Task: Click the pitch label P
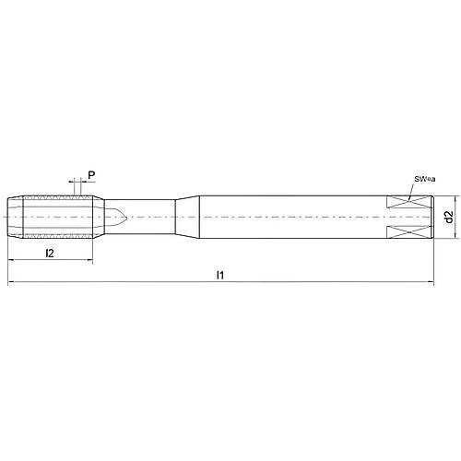[89, 171]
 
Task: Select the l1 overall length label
[219, 276]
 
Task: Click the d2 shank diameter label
[447, 219]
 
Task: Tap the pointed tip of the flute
[125, 218]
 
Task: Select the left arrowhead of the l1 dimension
[11, 284]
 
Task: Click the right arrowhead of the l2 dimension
[89, 260]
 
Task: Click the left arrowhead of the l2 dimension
[11, 260]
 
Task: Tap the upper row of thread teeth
[55, 198]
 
